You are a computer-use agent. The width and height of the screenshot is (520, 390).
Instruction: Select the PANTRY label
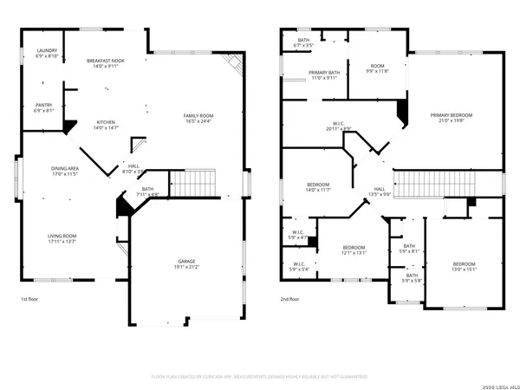coord(44,107)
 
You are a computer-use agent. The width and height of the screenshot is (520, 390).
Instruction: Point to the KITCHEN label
coord(107,125)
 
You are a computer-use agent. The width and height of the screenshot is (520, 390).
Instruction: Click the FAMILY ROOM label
coord(198,118)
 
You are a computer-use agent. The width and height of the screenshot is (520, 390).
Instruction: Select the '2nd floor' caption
coord(290,299)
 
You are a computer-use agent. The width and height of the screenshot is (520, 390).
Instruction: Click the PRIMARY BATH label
coord(322,75)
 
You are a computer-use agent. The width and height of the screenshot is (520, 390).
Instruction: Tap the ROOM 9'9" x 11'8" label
coord(378,68)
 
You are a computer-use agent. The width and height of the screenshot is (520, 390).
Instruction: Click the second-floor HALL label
coord(380,192)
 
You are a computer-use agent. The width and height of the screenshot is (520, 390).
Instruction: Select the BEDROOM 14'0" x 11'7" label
coord(319,186)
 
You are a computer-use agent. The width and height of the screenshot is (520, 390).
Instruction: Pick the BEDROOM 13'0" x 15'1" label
coord(464,266)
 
